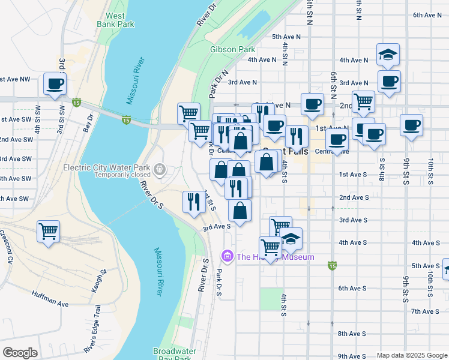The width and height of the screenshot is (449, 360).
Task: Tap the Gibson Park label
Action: click(232, 49)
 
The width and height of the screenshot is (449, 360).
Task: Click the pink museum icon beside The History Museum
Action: click(227, 256)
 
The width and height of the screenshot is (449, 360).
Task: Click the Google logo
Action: click(20, 353)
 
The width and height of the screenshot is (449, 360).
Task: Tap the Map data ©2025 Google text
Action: click(411, 355)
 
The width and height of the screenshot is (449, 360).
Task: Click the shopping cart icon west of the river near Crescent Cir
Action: click(48, 230)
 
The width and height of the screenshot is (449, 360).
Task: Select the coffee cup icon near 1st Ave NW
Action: click(55, 83)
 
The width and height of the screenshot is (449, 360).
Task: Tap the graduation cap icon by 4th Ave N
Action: click(388, 54)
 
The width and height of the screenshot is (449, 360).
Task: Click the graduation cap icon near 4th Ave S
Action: click(291, 238)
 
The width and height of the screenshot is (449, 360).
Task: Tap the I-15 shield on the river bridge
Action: click(127, 119)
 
